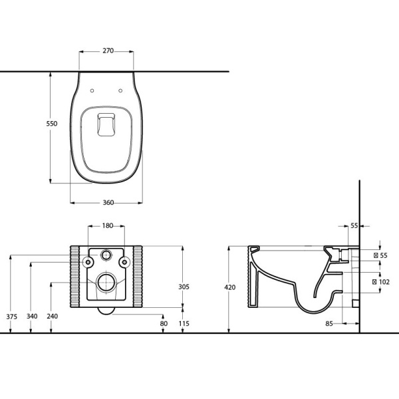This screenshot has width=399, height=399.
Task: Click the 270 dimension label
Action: coord(108,51)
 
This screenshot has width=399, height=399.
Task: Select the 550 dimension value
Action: coord(52,124)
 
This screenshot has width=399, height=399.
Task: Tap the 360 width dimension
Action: coord(108,203)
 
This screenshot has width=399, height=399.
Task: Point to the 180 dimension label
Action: coord(108,225)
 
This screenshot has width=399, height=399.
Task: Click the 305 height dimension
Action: coord(184,287)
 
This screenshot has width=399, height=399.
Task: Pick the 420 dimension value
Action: coord(230,287)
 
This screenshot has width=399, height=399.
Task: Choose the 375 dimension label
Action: coord(12,317)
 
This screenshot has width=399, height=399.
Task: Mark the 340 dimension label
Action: coord(32,317)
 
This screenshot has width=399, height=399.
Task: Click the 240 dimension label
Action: coord(53,317)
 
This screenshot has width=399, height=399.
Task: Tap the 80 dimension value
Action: coord(164,323)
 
